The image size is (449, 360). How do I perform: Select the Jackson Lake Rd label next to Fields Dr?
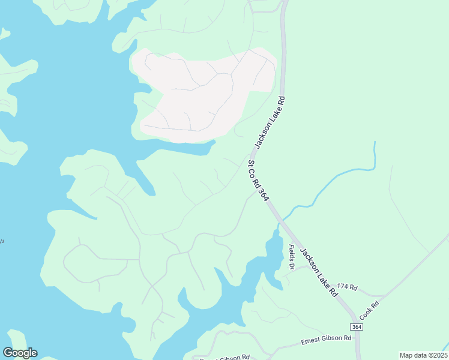pos(318,273)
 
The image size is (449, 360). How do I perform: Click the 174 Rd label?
pos(347,288)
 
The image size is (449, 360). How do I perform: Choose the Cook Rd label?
pos(369,310)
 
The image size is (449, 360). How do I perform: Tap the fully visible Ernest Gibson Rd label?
pos(325,340)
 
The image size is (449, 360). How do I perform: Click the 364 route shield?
pos(357,327)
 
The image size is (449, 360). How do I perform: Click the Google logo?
pos(20,353)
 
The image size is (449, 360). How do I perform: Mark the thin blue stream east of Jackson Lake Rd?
pos(336,178)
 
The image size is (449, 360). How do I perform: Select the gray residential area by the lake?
pos(204,93)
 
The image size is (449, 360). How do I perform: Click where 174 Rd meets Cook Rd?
pos(384,296)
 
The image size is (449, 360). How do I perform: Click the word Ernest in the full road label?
pos(310,341)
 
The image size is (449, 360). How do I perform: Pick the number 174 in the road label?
pos(343,288)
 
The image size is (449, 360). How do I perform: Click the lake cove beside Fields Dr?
pos(273,249)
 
